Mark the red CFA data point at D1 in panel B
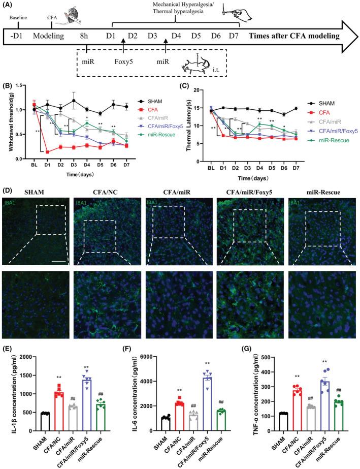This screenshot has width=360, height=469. pos(47,152)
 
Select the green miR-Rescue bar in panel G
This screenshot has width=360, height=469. pos(321,418)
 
